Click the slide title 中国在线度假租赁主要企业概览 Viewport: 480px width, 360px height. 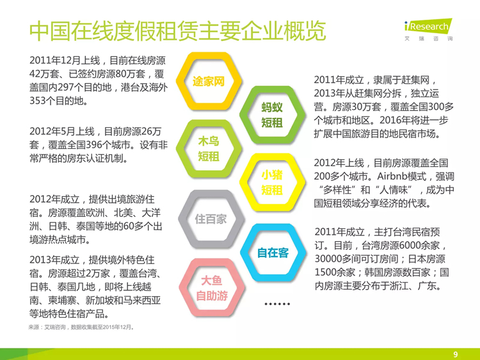[177, 31]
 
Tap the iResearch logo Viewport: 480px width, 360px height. [428, 29]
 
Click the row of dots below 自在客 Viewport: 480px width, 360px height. [277, 304]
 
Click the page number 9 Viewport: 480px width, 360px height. [456, 354]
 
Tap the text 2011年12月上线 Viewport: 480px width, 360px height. [65, 60]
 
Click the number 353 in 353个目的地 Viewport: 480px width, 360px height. [38, 100]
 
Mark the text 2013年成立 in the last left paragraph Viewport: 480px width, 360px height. [54, 260]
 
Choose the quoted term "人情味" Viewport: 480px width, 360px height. [394, 190]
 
